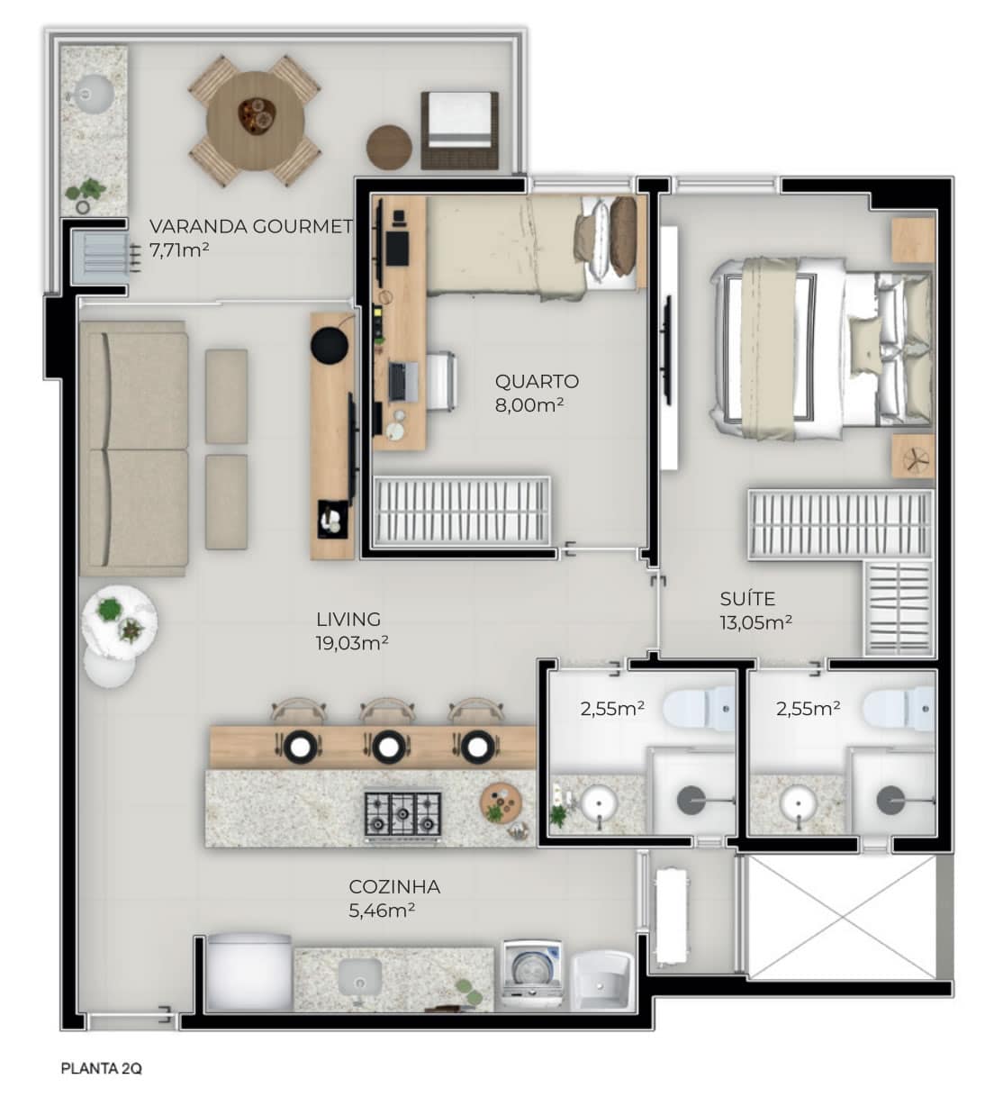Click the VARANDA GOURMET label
(250, 227)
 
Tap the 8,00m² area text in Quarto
(529, 405)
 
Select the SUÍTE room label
(747, 599)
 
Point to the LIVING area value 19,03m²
(352, 643)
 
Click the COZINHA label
(394, 887)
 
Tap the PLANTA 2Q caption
(101, 1068)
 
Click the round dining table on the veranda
(255, 121)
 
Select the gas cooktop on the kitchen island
(402, 814)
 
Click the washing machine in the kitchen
(532, 974)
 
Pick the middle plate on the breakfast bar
(388, 747)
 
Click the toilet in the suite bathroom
(898, 709)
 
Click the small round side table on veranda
(389, 148)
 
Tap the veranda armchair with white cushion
(459, 131)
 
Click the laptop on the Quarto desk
(403, 381)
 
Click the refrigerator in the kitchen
(249, 972)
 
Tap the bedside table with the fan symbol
(914, 457)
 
